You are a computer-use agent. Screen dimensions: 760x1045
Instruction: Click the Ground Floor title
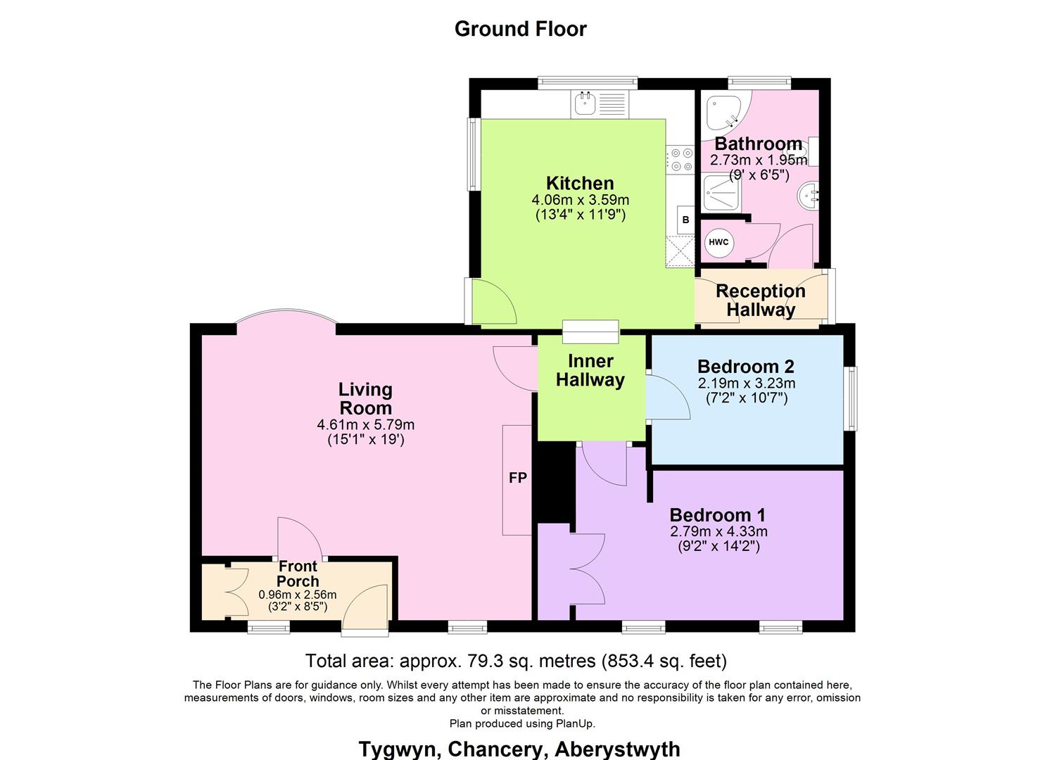520,29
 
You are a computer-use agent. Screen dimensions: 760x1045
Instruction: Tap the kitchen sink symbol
584,104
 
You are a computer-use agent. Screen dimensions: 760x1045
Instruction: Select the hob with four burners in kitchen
680,159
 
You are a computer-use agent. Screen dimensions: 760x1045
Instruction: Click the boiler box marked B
685,220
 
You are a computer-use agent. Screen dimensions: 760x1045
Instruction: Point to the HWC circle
718,242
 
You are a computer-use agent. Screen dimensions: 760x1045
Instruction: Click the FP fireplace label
517,479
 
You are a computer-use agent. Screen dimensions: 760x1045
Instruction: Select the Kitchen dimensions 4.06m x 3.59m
581,201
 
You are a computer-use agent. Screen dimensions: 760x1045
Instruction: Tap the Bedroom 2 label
746,367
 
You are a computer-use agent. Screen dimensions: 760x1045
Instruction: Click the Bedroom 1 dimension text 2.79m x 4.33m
718,531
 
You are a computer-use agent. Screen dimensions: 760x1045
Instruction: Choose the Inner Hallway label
590,371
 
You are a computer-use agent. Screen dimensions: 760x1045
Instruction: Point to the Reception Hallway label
761,300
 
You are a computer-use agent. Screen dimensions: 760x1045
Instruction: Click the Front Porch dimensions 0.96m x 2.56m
298,595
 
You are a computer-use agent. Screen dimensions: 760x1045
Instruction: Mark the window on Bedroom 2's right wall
851,398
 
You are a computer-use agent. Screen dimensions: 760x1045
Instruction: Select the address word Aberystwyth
617,749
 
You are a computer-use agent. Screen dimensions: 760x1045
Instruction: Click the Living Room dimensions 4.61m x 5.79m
365,425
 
